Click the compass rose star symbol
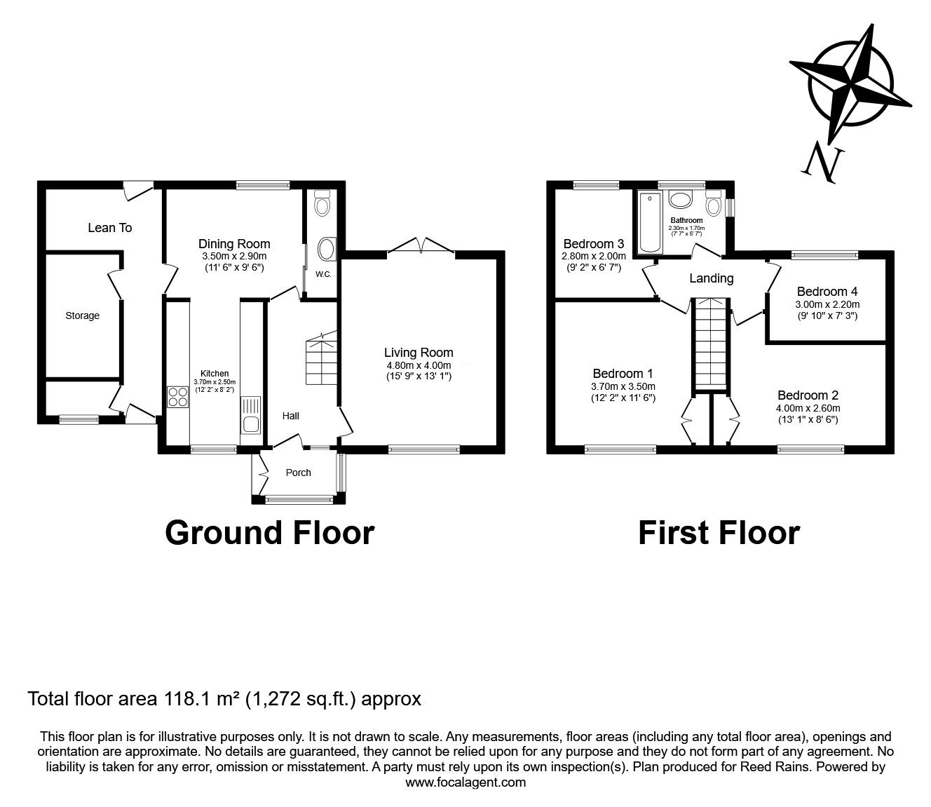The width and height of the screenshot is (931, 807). click(850, 83)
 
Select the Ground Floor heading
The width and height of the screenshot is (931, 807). click(269, 533)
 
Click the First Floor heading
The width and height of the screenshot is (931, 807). click(719, 533)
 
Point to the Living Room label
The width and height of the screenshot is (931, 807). click(419, 353)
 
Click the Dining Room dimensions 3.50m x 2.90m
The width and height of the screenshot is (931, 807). click(233, 257)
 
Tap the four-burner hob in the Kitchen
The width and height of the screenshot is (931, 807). click(177, 398)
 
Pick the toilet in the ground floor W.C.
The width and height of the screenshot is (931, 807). click(322, 204)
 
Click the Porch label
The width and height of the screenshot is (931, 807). click(299, 473)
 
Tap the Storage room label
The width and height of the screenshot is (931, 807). click(83, 316)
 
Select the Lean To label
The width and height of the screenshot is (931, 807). click(110, 228)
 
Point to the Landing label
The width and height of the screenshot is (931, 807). click(711, 278)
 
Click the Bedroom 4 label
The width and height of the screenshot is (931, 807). click(827, 292)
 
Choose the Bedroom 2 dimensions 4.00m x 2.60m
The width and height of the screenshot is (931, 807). click(808, 408)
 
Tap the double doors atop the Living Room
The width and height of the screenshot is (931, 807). click(421, 245)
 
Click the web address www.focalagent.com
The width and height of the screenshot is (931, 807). click(465, 782)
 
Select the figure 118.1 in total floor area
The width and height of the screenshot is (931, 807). click(187, 698)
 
